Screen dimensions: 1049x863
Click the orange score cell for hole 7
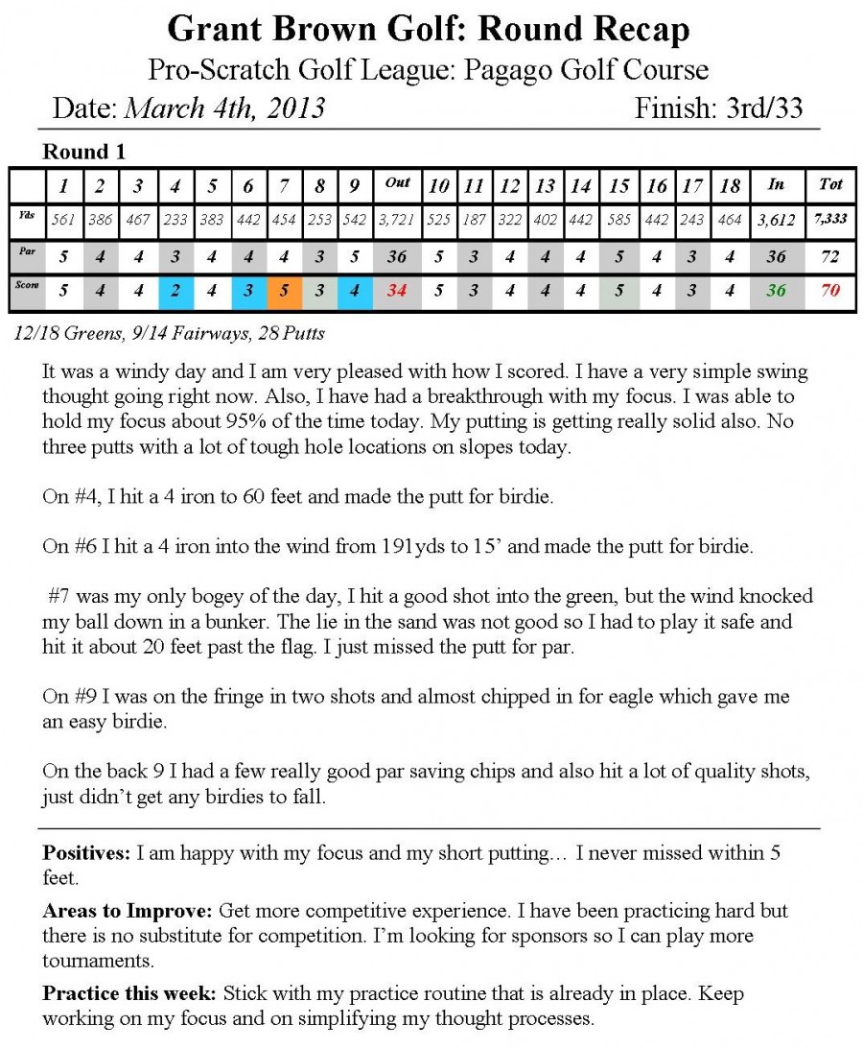(x=284, y=290)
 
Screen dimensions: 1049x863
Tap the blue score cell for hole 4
(x=175, y=290)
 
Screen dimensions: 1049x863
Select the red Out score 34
(x=397, y=290)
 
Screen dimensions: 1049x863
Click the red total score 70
(x=830, y=290)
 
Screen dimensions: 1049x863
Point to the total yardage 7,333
(x=830, y=219)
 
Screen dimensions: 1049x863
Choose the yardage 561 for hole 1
(x=64, y=219)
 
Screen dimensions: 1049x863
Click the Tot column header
(x=830, y=183)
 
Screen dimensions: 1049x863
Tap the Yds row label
(x=28, y=218)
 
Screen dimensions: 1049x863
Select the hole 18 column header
(x=729, y=184)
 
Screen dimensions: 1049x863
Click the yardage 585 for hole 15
(x=619, y=219)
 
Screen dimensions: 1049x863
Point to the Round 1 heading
(x=84, y=152)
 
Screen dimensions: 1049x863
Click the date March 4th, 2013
(x=225, y=108)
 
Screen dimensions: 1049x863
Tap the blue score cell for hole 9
(x=354, y=290)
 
